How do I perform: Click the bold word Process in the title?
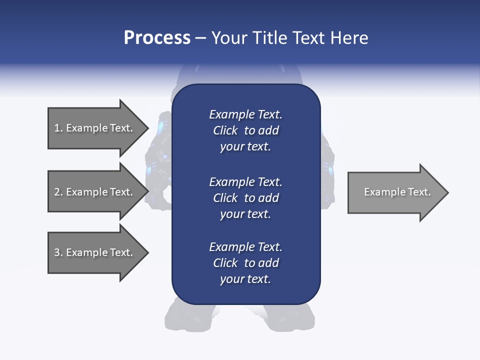157,38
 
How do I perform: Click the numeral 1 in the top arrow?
57,128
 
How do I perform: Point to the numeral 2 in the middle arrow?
57,192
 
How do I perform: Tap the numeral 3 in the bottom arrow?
57,252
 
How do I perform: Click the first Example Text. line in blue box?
245,114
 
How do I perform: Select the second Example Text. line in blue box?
245,182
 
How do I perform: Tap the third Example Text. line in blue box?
245,247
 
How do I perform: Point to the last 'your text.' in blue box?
245,279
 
